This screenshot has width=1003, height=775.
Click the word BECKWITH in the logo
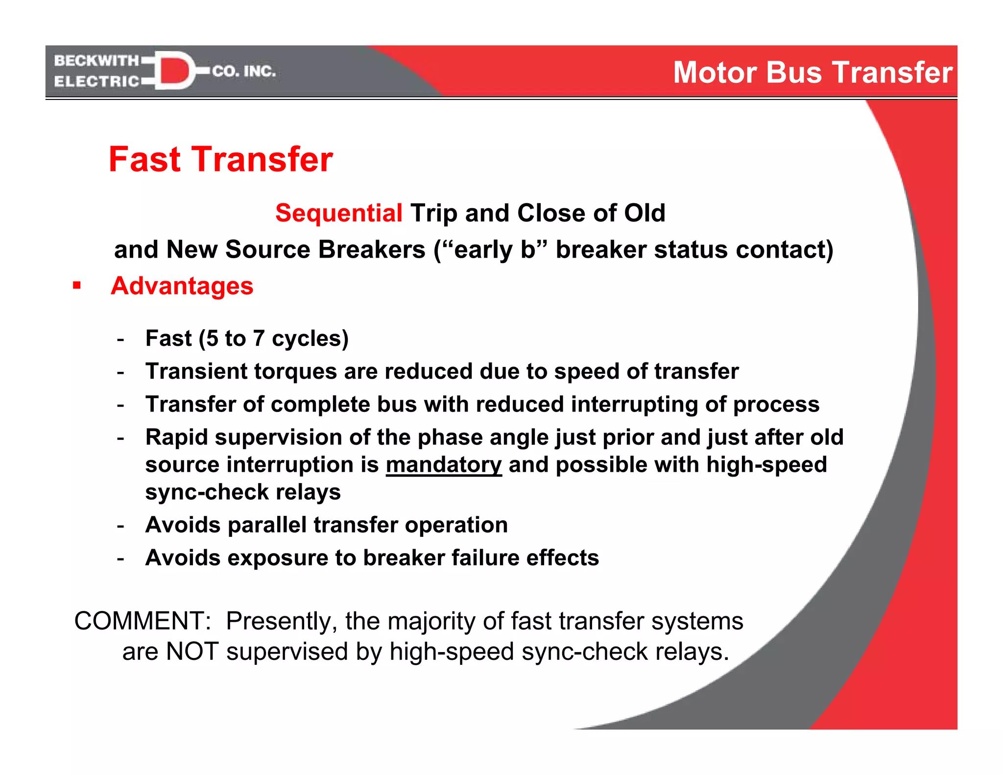(96, 61)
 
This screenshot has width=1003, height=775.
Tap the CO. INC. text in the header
(244, 72)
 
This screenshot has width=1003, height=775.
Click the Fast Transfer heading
(220, 159)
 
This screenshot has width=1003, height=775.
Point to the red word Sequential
(338, 213)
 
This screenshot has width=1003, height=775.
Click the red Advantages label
(182, 286)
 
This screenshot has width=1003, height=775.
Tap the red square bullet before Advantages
(76, 285)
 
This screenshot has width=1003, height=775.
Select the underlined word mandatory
(444, 464)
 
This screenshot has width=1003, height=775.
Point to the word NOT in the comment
(192, 652)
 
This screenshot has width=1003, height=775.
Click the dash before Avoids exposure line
(120, 558)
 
